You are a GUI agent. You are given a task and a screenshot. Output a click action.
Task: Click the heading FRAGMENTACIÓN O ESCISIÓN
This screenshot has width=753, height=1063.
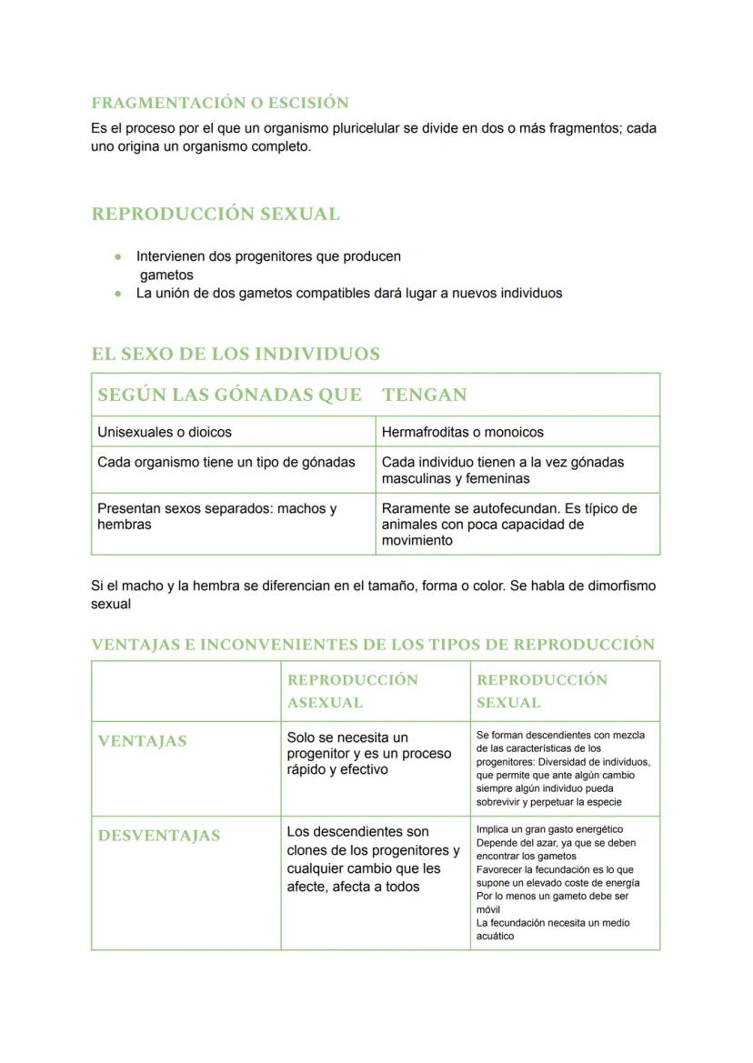[x=220, y=103]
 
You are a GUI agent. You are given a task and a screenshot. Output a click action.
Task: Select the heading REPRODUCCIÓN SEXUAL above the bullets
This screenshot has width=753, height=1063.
[x=216, y=215]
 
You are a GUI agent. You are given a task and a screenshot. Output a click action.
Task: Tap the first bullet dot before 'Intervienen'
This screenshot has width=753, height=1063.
[x=118, y=256]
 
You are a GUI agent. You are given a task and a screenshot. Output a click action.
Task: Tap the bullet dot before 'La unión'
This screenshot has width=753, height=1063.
[x=118, y=293]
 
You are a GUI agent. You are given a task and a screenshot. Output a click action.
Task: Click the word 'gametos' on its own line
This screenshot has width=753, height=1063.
[x=166, y=275]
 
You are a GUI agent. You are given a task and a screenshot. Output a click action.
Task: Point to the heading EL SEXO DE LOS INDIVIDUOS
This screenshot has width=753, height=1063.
[x=236, y=354]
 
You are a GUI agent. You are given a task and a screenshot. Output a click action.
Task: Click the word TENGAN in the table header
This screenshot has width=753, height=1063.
[x=424, y=395]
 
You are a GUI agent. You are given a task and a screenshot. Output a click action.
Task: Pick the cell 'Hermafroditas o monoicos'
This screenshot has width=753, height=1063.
[x=463, y=432]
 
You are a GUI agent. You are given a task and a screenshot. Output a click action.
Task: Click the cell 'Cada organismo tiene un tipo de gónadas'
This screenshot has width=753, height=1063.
[x=226, y=462]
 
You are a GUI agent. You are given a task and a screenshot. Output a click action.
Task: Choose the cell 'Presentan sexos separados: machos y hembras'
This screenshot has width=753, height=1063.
[x=216, y=516]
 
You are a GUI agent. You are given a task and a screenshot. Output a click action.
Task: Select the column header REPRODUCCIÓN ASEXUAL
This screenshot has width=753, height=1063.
[x=353, y=691]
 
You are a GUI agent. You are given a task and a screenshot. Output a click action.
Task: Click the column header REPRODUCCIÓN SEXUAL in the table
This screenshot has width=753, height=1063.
[x=542, y=691]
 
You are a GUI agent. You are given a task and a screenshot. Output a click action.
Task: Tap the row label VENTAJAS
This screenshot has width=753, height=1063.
[x=142, y=741]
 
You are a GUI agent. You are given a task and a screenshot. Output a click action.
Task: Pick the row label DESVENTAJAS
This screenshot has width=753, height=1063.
[x=159, y=836]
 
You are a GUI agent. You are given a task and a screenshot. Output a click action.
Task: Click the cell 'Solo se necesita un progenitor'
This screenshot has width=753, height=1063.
[x=368, y=753]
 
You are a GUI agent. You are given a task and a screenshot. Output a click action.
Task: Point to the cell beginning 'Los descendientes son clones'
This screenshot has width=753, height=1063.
[x=373, y=858]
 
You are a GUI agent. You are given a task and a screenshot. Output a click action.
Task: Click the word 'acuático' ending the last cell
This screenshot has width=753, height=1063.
[x=495, y=936]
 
